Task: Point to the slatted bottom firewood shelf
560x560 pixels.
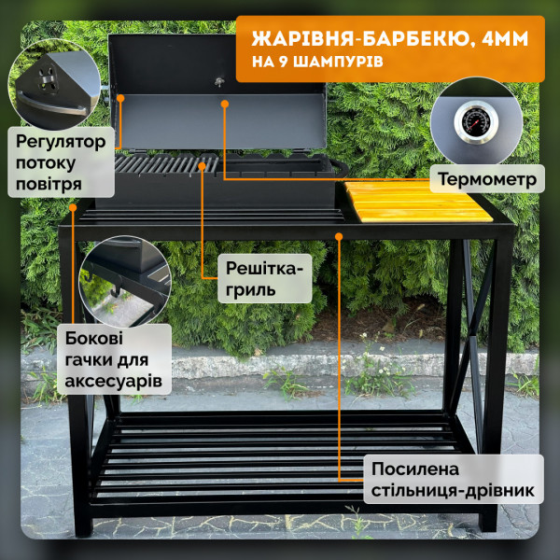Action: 280,457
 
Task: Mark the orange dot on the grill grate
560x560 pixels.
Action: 203,165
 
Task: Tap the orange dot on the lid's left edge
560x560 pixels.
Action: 120,96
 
